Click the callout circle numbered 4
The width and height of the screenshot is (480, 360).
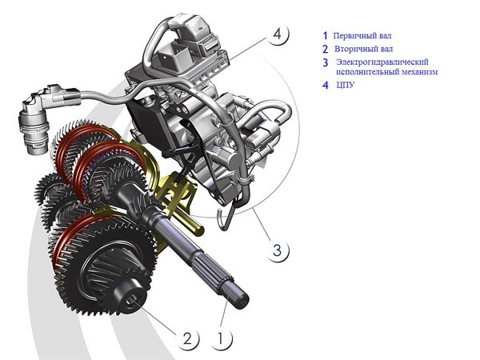click(277, 34)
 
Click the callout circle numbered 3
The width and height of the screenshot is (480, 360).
click(278, 250)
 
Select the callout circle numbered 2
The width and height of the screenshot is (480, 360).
click(187, 339)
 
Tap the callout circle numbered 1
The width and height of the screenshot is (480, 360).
click(221, 339)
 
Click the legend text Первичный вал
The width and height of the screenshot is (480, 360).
click(362, 36)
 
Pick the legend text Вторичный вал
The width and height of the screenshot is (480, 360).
click(363, 49)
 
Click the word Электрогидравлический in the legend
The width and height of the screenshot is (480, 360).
click(382, 62)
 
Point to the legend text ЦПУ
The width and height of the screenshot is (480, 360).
click(346, 85)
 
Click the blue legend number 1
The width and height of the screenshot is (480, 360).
click(325, 36)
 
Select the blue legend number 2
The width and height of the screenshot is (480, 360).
click(325, 49)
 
